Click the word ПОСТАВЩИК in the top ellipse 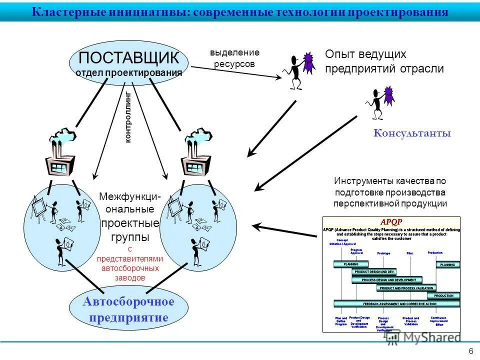point(128,56)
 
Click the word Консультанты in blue point(412,133)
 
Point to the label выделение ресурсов point(234,58)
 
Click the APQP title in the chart point(391,221)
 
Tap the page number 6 point(471,350)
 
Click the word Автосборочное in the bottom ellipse point(128,301)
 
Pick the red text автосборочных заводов point(129,272)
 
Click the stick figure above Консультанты point(377,103)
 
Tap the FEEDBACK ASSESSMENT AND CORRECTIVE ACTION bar point(395,303)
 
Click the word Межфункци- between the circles point(129,197)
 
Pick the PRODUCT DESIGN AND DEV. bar point(374,271)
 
